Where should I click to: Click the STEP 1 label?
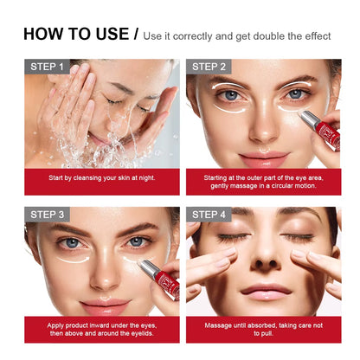tap(48, 67)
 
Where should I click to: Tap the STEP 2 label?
tap(210, 67)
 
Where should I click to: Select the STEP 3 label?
tap(48, 215)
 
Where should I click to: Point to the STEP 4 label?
tap(210, 215)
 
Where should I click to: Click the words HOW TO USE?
tap(75, 35)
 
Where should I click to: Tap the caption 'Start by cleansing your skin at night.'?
tap(102, 178)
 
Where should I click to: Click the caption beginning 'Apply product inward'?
tap(102, 330)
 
